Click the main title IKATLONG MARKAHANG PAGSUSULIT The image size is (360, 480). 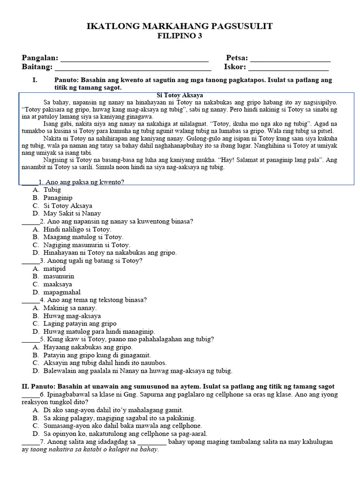point(180,27)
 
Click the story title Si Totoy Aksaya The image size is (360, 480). point(180,95)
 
